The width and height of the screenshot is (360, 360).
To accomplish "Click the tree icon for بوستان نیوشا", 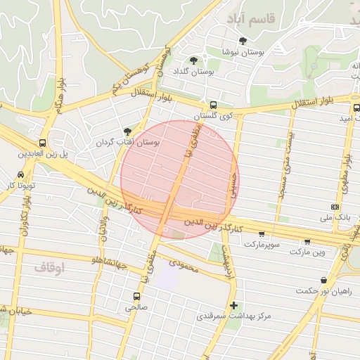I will click(243, 41).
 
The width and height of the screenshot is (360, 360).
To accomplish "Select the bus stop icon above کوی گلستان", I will click(214, 103).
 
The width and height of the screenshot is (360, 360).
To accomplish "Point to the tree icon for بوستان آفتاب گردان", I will click(127, 131).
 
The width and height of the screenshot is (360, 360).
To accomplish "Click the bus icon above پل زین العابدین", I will click(44, 141).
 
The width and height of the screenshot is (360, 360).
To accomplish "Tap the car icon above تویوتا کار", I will click(20, 174).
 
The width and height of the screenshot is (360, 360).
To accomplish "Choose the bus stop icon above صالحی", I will click(137, 296).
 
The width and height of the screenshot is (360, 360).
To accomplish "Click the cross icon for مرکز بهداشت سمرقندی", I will click(234, 305).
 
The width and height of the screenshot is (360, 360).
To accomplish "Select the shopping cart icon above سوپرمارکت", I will click(262, 234).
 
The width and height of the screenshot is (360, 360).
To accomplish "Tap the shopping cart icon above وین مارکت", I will click(307, 241).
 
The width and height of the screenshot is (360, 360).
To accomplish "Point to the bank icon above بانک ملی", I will click(335, 207).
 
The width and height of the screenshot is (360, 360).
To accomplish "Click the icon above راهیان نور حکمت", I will click(326, 280).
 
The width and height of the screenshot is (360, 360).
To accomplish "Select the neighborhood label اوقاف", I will click(49, 267).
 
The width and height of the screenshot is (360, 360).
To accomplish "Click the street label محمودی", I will click(184, 265).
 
